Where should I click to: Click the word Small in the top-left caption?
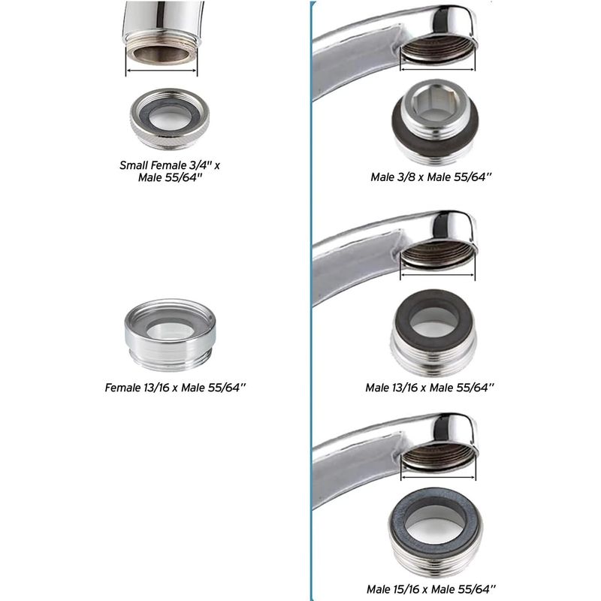[x=134, y=165]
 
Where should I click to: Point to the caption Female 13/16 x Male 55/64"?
[x=175, y=388]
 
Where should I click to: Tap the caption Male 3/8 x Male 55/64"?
[x=430, y=177]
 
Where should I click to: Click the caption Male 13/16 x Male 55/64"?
[x=430, y=388]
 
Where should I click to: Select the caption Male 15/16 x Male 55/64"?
[x=431, y=589]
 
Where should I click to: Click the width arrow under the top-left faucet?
[x=162, y=71]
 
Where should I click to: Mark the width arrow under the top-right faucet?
[x=437, y=69]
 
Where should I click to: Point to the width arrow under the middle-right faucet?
[x=437, y=274]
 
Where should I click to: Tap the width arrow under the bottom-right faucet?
[x=438, y=477]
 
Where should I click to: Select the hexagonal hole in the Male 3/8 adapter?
[x=435, y=101]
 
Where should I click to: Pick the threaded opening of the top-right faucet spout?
[x=437, y=49]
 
